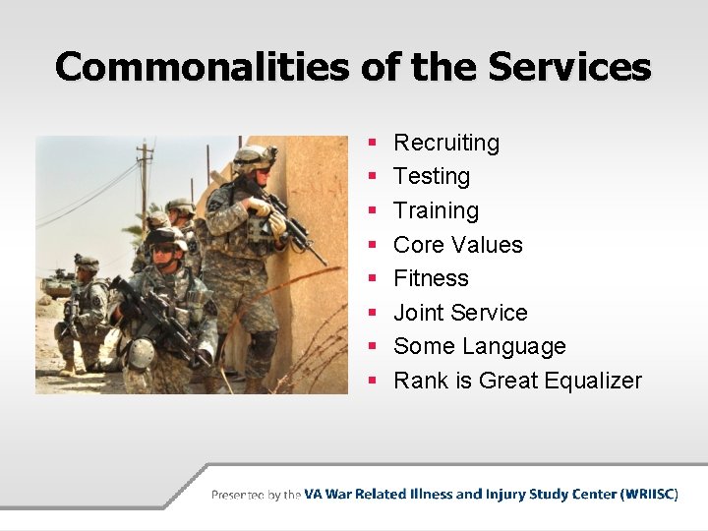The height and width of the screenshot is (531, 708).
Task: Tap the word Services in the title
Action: (569, 67)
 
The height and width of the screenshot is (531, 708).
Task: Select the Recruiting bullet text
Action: (446, 143)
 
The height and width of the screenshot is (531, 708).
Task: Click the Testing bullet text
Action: (432, 177)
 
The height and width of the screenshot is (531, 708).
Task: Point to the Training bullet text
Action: (436, 210)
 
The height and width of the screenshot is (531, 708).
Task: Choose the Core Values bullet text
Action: (457, 245)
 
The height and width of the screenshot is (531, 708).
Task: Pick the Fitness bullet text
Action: (431, 278)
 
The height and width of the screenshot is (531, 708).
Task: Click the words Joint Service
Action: (460, 313)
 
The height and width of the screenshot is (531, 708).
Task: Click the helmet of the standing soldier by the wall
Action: (254, 156)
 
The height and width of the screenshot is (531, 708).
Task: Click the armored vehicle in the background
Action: (57, 284)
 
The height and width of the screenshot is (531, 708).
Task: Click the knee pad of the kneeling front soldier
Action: (141, 352)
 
